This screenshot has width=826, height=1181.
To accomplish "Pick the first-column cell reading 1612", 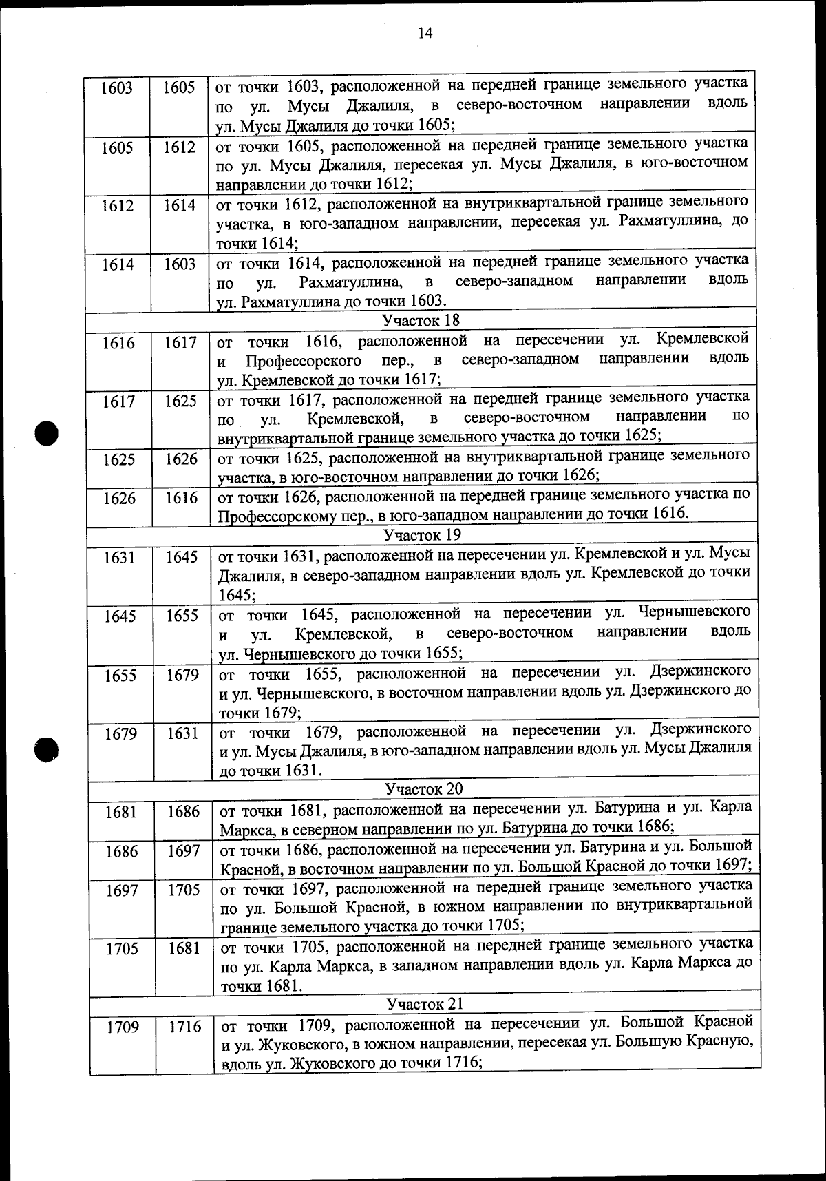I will (117, 206).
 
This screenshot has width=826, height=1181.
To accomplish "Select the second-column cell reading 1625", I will (180, 401).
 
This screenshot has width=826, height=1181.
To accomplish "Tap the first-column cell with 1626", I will (119, 498).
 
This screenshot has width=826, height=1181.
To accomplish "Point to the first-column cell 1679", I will (120, 734).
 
